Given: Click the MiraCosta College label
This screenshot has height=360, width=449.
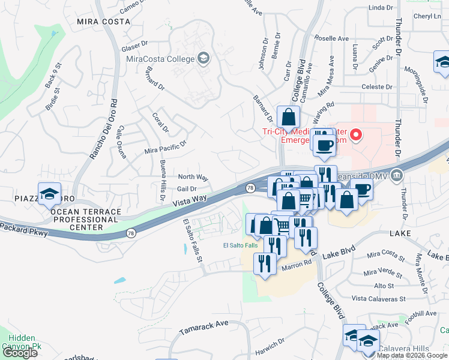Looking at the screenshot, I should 160,59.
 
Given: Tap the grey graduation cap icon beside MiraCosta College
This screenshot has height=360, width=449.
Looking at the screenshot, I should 203,58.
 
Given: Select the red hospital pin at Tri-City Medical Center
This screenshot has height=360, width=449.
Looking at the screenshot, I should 355,134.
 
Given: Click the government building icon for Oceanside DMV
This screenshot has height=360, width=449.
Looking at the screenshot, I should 396,176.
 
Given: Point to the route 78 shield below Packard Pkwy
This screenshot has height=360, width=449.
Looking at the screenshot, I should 130,232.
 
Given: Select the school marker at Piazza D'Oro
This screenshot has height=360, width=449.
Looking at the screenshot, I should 49,194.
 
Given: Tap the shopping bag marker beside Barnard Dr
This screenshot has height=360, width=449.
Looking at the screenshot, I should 288,117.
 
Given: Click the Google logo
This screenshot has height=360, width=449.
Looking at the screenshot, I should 20,352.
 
